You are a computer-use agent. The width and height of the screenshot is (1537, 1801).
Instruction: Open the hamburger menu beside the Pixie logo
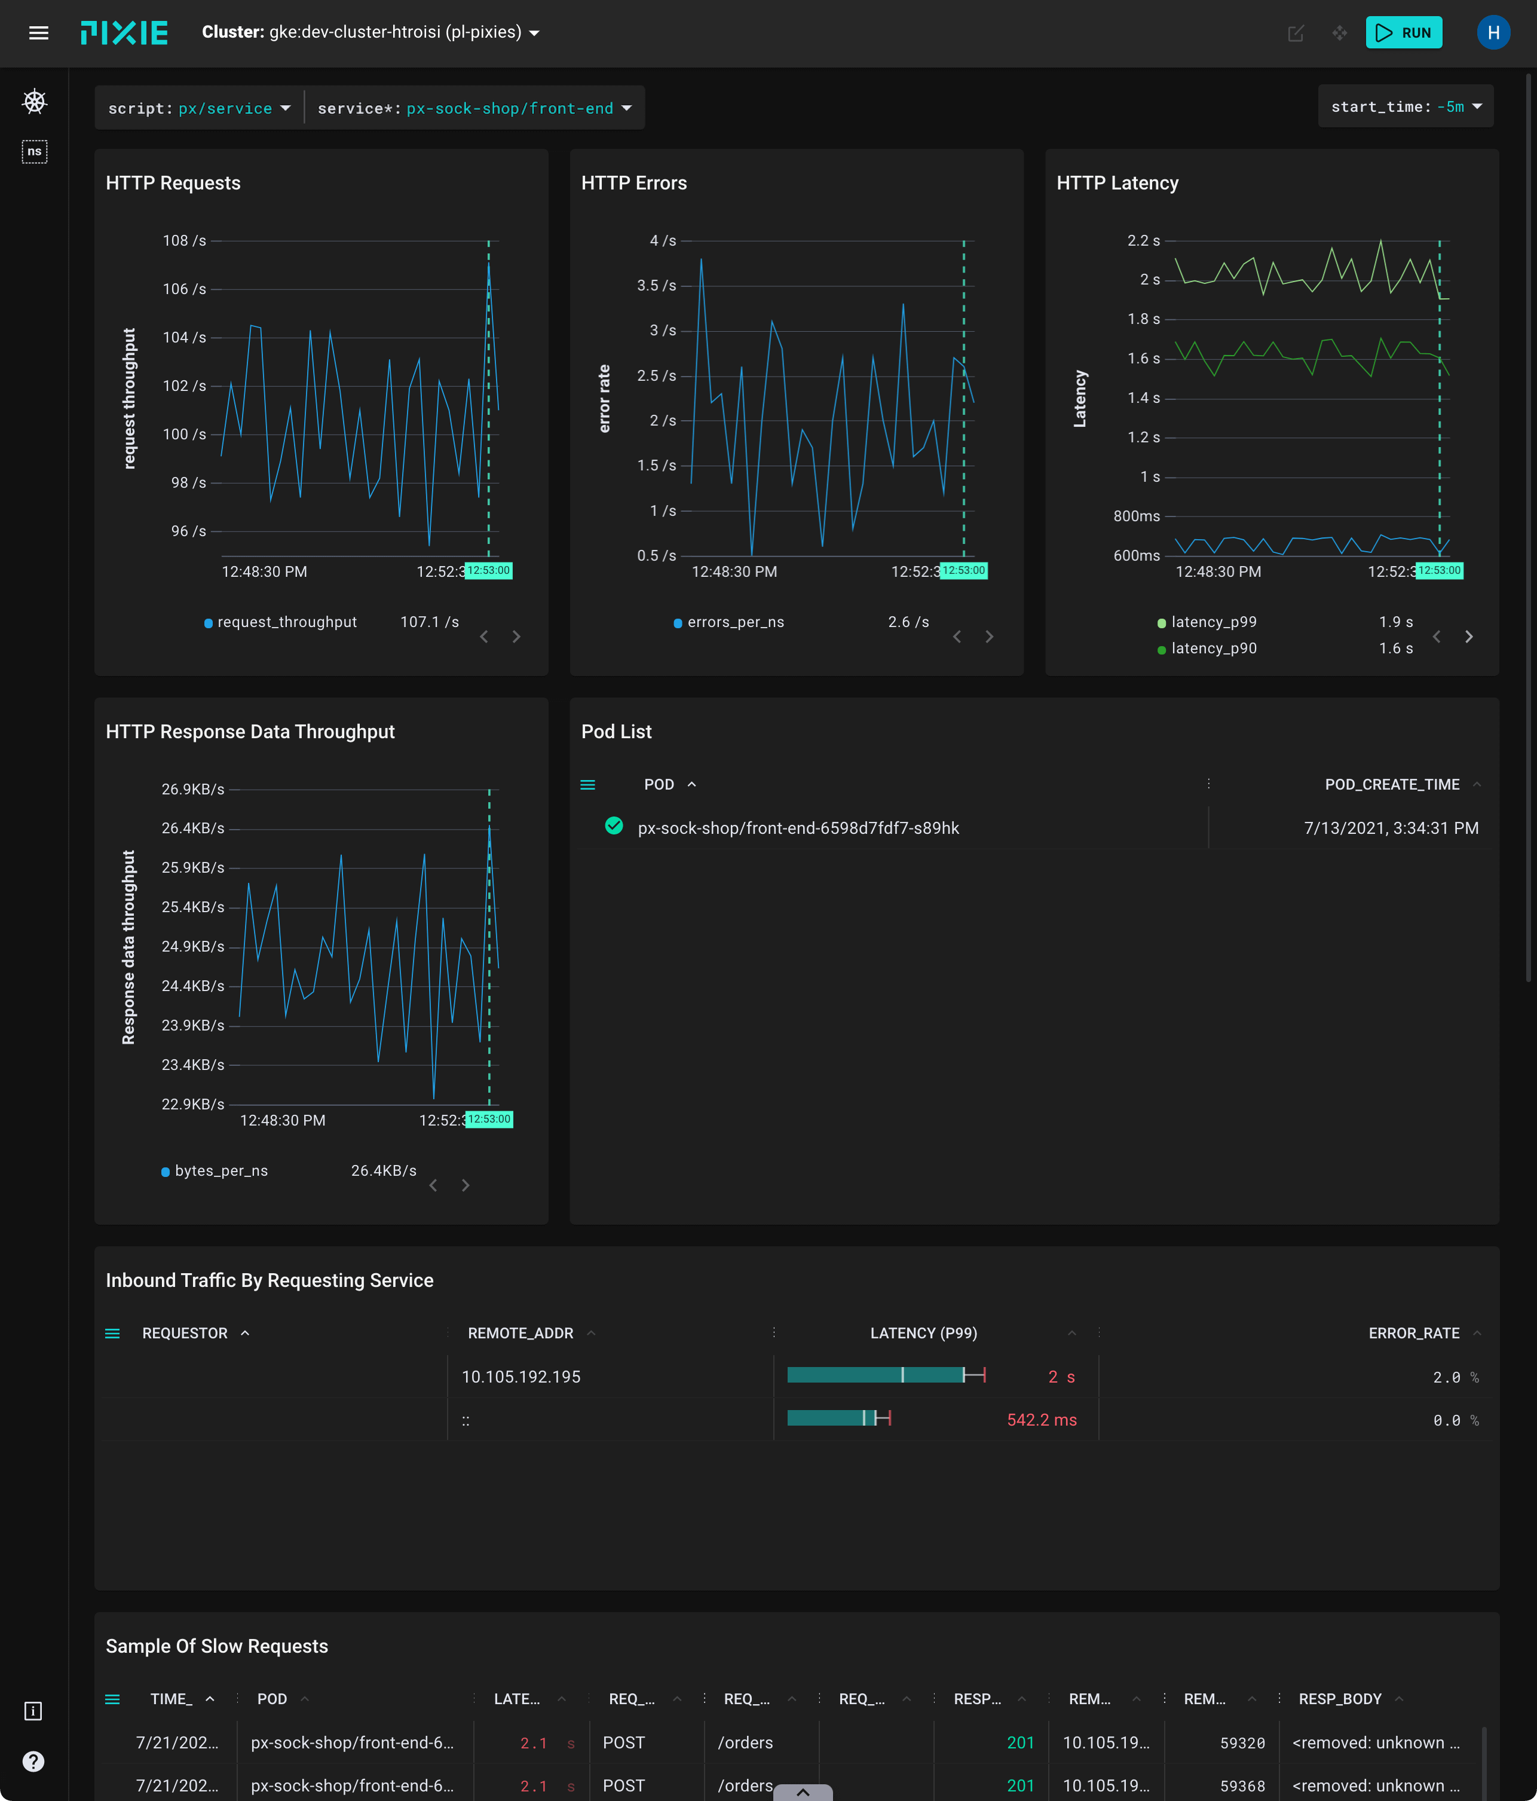(38, 33)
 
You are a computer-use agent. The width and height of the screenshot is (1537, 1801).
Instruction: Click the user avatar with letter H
(1493, 33)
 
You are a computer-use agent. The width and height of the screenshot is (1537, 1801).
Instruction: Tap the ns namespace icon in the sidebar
(34, 152)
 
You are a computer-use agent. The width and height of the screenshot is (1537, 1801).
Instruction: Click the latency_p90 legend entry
(1213, 649)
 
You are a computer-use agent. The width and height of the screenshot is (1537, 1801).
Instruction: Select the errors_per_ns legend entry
(735, 622)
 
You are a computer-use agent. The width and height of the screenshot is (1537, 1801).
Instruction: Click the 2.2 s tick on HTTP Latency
(1143, 241)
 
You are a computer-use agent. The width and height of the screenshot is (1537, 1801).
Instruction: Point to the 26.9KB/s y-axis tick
(193, 789)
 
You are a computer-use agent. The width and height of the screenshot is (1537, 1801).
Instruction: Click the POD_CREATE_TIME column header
(1391, 785)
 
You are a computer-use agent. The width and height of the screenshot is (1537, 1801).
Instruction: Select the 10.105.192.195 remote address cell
(521, 1377)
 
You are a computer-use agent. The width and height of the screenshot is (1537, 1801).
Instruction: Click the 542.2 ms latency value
(1041, 1420)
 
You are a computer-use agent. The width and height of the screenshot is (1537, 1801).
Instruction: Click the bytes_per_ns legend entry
(221, 1171)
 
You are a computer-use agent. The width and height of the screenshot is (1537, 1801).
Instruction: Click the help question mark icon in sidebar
(33, 1761)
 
